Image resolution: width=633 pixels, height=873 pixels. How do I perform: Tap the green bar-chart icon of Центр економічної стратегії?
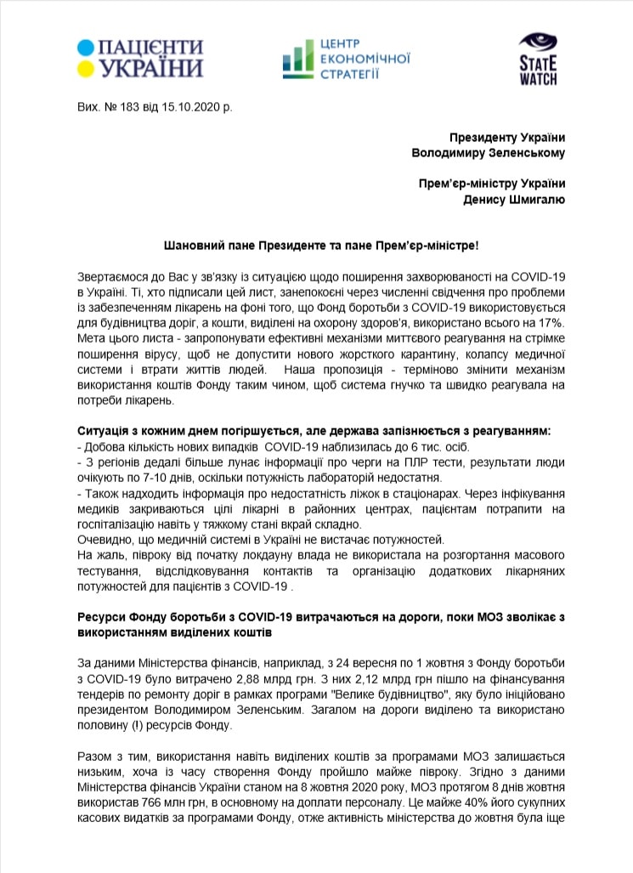point(297,57)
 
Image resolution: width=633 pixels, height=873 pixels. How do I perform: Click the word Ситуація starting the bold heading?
point(101,432)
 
